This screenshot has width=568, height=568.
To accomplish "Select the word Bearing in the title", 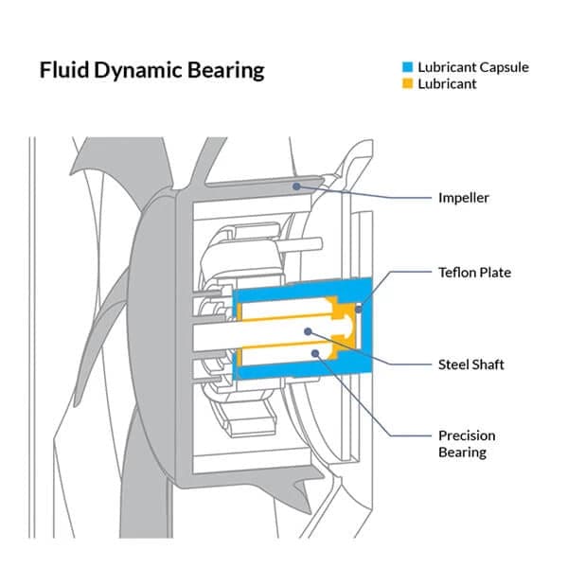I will pyautogui.click(x=228, y=71).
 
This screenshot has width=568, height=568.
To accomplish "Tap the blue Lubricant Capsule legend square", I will pyautogui.click(x=408, y=67).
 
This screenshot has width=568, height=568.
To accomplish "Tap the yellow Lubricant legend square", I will pyautogui.click(x=408, y=84).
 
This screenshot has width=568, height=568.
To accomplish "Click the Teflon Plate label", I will pyautogui.click(x=474, y=273).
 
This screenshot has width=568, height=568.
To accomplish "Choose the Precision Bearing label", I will pyautogui.click(x=467, y=444).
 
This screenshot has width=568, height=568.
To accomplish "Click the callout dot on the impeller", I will pyautogui.click(x=297, y=186).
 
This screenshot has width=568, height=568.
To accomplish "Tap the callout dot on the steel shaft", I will pyautogui.click(x=310, y=331).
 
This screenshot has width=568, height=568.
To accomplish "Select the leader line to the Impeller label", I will pyautogui.click(x=379, y=198).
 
